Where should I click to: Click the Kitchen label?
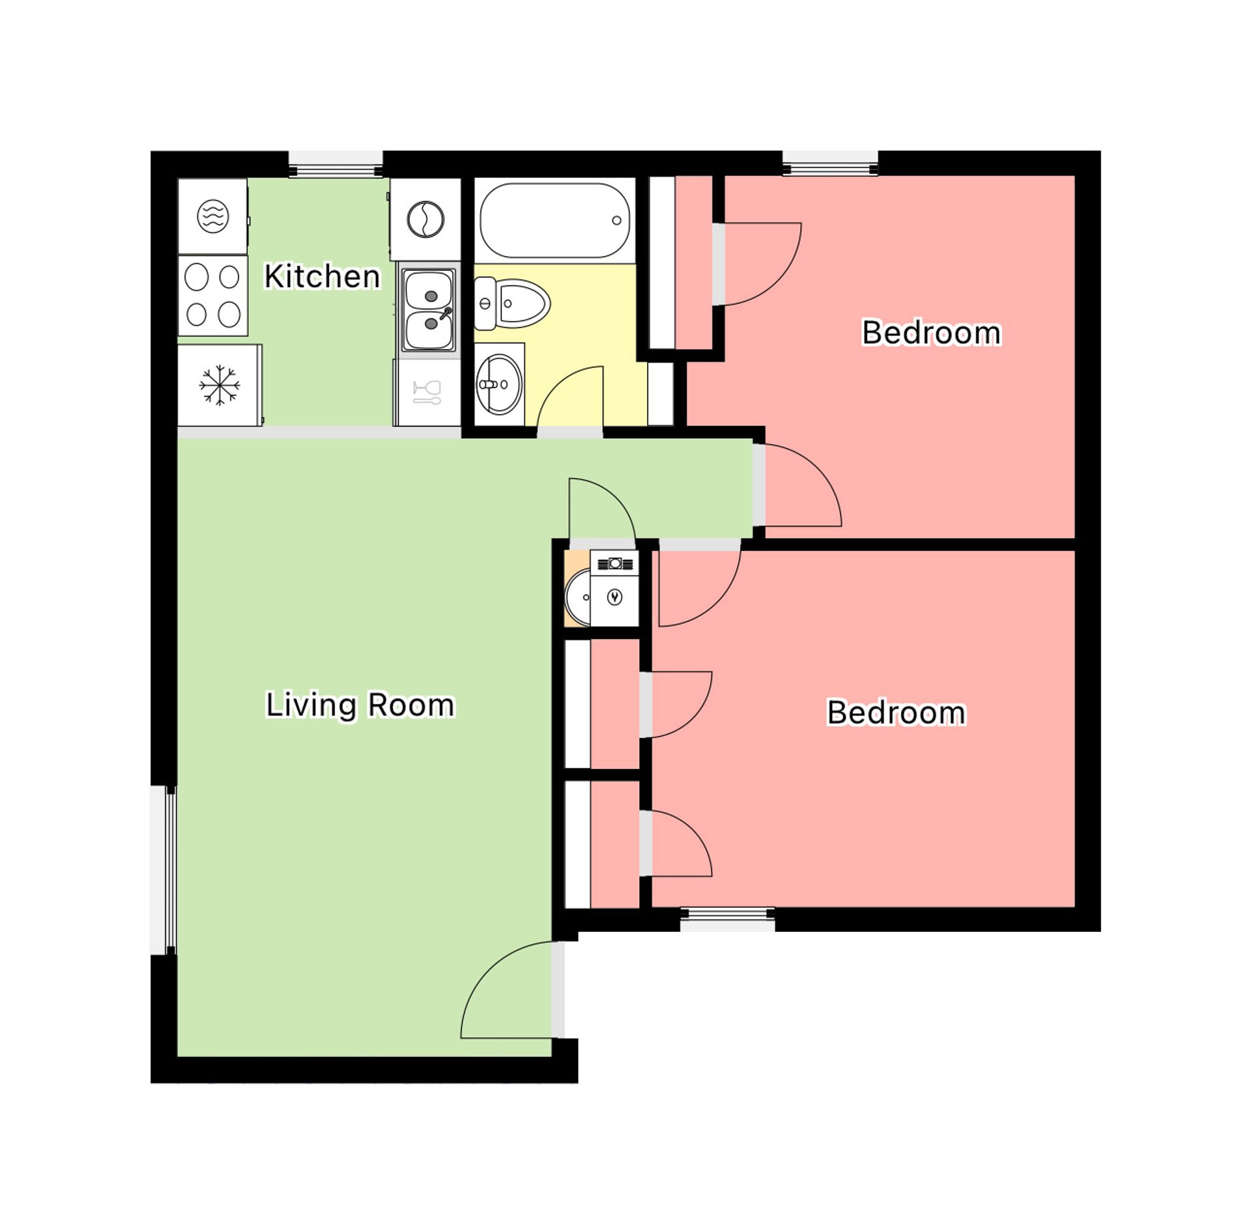pos(322,276)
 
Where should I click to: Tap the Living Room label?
pos(360,705)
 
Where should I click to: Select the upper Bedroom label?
pos(930,332)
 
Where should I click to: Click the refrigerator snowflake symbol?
pos(219,385)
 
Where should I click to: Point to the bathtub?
pos(554,220)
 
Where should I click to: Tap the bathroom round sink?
pos(499,384)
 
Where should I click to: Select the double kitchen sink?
pos(428,310)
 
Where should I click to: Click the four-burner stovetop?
pos(212,296)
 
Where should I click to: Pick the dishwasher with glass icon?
pos(427,393)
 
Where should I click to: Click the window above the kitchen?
pos(336,163)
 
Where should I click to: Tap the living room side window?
pos(164,870)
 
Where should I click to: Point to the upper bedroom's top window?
pos(829,163)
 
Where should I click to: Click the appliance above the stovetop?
pos(212,216)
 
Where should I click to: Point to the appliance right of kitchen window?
pos(425,219)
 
